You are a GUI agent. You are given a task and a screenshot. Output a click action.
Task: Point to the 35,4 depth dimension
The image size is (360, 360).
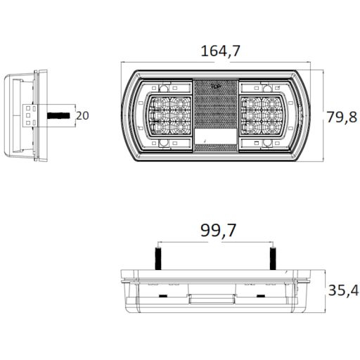pyautogui.click(x=342, y=290)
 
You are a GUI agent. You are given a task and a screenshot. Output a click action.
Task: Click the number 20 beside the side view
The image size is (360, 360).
pyautogui.click(x=82, y=116)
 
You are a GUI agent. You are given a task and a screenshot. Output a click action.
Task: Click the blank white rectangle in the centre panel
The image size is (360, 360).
pyautogui.click(x=216, y=136)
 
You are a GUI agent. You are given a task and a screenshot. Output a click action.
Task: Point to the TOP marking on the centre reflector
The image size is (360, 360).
pyautogui.click(x=216, y=87)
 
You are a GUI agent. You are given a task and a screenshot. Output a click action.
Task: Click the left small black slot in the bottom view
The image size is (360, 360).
pyautogui.click(x=163, y=297)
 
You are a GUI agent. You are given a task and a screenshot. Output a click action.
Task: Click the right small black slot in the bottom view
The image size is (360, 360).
pyautogui.click(x=261, y=297)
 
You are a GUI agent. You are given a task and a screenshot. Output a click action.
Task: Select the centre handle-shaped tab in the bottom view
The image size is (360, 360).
pyautogui.click(x=211, y=301)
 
